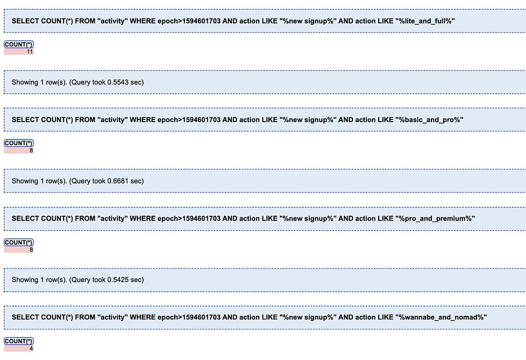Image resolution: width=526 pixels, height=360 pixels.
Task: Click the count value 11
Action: (30, 52)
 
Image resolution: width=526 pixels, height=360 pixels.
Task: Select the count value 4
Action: (31, 348)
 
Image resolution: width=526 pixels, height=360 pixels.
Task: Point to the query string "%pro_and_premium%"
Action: (435, 218)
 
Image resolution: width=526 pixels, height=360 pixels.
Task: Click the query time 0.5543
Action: (118, 82)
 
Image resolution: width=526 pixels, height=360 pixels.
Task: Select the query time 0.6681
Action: (118, 181)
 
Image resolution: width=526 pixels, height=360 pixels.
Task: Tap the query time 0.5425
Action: (118, 279)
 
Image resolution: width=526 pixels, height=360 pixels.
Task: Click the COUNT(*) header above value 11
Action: (19, 44)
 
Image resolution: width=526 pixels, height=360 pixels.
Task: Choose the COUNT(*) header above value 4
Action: (19, 341)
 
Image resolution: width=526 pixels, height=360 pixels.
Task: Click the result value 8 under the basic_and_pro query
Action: (31, 151)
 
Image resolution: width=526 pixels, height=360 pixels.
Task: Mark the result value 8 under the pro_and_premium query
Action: (31, 249)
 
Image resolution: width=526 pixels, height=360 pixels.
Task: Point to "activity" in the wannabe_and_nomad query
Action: (113, 317)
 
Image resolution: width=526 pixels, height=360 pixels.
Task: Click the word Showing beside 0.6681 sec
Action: (25, 181)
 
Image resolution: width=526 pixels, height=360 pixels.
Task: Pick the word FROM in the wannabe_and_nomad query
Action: (85, 317)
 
